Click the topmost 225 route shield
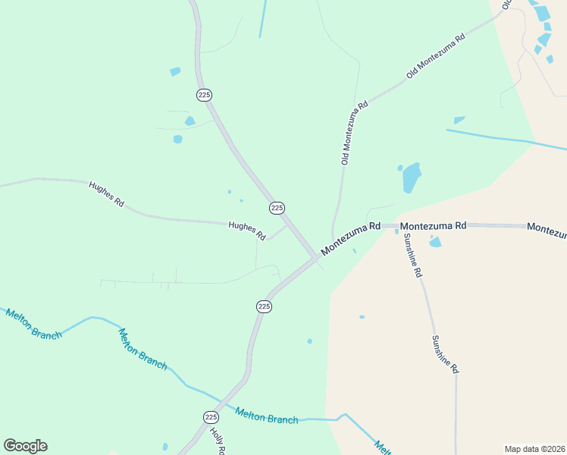[204, 95]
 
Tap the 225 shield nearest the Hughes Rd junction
[277, 208]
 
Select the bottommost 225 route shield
[211, 417]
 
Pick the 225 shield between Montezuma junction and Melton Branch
[263, 306]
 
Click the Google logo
[25, 446]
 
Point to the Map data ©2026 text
[534, 448]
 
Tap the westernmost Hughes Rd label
[106, 194]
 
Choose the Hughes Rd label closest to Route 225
[247, 230]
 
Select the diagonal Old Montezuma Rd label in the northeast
[435, 56]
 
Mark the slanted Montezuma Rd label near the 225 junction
[349, 239]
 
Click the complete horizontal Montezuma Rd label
[433, 226]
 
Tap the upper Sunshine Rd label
[412, 256]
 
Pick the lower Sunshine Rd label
[445, 354]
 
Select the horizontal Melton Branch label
[267, 416]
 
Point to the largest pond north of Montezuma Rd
[411, 177]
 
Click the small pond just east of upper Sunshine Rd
[435, 242]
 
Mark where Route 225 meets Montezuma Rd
[315, 257]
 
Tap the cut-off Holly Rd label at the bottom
[218, 442]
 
